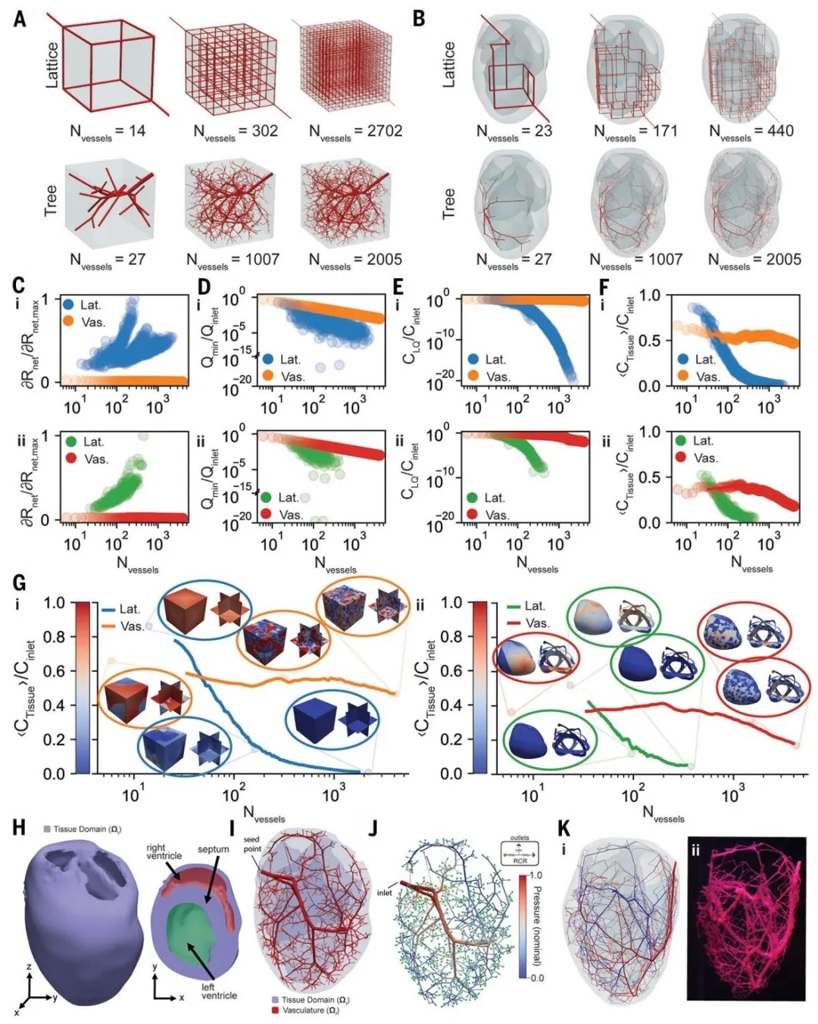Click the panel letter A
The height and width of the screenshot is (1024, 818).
click(20, 17)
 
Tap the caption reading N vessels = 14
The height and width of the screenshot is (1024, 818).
click(108, 132)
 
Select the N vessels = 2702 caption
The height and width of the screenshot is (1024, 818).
click(355, 132)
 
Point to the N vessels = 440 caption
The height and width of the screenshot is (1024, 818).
click(751, 132)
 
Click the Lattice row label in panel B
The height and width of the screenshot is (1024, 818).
click(449, 64)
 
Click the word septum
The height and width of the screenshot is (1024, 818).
click(213, 849)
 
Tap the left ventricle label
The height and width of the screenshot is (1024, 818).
click(218, 991)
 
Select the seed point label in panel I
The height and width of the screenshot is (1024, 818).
click(251, 844)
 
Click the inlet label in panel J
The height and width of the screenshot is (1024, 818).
click(384, 892)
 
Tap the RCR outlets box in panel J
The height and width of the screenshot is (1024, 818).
click(520, 851)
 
